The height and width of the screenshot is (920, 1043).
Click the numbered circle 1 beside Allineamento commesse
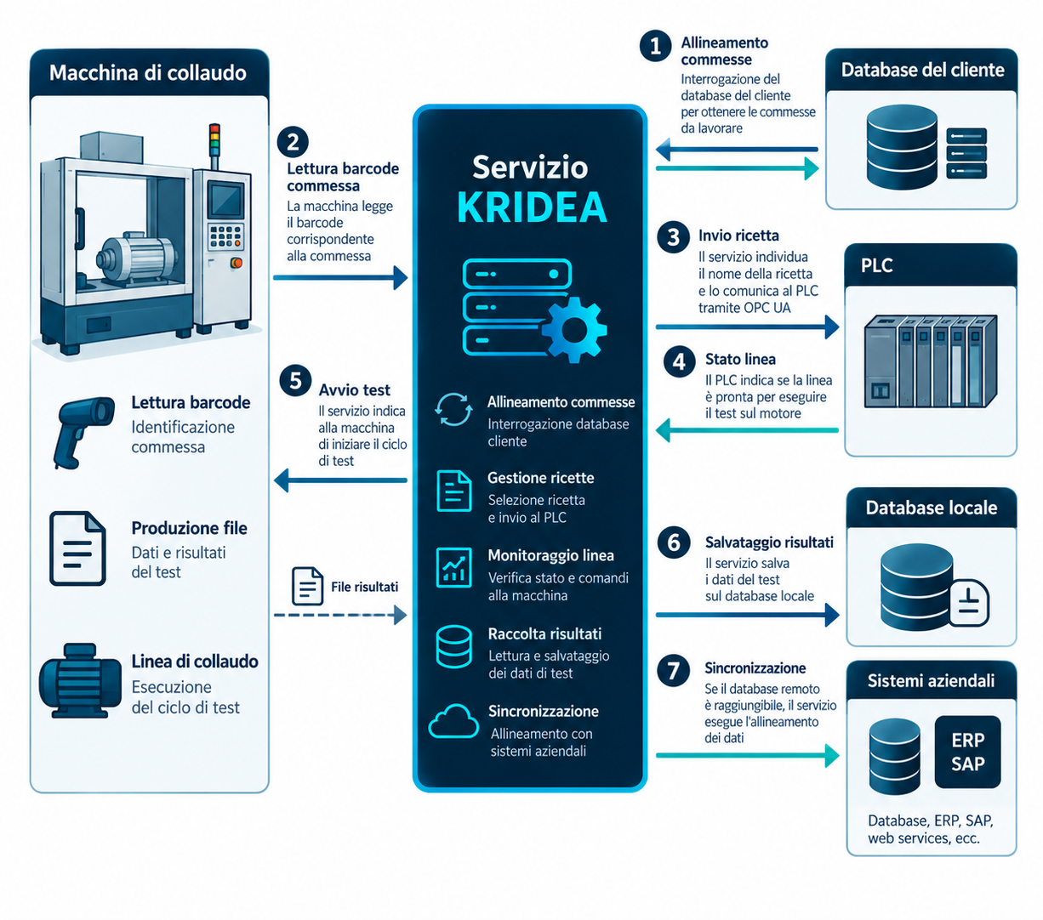pyautogui.click(x=655, y=46)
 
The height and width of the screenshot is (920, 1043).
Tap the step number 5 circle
pyautogui.click(x=295, y=381)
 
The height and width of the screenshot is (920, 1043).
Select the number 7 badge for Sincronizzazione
pyautogui.click(x=673, y=671)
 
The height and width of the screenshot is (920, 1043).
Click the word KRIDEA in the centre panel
pyautogui.click(x=532, y=207)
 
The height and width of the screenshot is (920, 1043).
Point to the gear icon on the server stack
pyautogui.click(x=574, y=330)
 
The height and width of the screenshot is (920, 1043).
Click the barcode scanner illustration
pyautogui.click(x=84, y=432)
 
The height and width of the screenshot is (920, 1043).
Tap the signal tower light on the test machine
pyautogui.click(x=214, y=139)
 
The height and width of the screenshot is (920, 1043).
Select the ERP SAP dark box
pyautogui.click(x=966, y=752)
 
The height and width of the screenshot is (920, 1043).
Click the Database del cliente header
pyautogui.click(x=921, y=70)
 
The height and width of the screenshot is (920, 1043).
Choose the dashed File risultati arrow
pyautogui.click(x=339, y=615)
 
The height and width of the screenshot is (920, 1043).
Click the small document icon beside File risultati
pyautogui.click(x=307, y=586)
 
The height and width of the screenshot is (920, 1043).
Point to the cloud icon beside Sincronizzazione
pyautogui.click(x=453, y=720)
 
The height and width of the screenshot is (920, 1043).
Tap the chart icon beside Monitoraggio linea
pyautogui.click(x=453, y=567)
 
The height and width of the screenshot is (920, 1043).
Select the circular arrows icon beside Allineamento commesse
pyautogui.click(x=453, y=410)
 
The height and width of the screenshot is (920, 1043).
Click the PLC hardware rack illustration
pyautogui.click(x=930, y=361)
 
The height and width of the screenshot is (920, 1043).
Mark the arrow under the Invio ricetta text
pyautogui.click(x=747, y=327)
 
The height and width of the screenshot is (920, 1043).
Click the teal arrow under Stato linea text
pyautogui.click(x=746, y=430)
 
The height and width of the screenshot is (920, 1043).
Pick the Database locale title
pyautogui.click(x=931, y=508)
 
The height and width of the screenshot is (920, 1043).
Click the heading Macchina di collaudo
pyautogui.click(x=148, y=73)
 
